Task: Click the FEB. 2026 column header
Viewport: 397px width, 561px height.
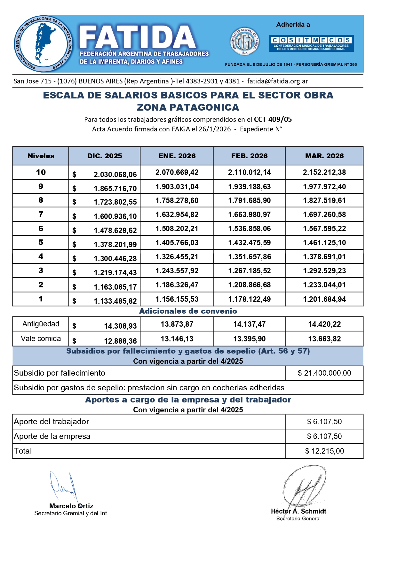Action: point(249,156)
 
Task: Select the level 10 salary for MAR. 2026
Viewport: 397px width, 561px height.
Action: point(324,172)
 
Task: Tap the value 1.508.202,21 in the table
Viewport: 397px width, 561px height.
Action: point(177,229)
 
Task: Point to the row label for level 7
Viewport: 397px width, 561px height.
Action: point(41,214)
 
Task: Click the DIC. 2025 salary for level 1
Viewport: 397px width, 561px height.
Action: point(115,301)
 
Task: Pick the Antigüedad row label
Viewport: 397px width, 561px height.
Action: point(41,324)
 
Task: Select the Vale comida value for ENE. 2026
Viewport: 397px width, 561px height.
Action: point(177,339)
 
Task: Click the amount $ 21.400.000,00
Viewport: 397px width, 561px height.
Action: point(324,373)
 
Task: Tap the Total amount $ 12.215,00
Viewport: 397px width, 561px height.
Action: point(324,451)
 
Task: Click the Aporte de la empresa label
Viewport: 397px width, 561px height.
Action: point(52,436)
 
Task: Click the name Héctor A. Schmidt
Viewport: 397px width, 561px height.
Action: point(298,511)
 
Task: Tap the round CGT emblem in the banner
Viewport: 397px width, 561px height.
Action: point(244,41)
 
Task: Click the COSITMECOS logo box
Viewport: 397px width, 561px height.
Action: point(311,43)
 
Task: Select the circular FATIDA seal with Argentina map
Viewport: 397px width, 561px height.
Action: point(43,43)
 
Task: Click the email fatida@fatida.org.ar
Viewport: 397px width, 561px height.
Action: point(277,81)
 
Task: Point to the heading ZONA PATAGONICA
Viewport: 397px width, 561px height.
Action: point(188,107)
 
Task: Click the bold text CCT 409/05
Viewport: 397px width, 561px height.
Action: point(273,120)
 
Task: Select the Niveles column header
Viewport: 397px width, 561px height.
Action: point(41,156)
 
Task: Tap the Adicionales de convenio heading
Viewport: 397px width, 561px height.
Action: point(188,311)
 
